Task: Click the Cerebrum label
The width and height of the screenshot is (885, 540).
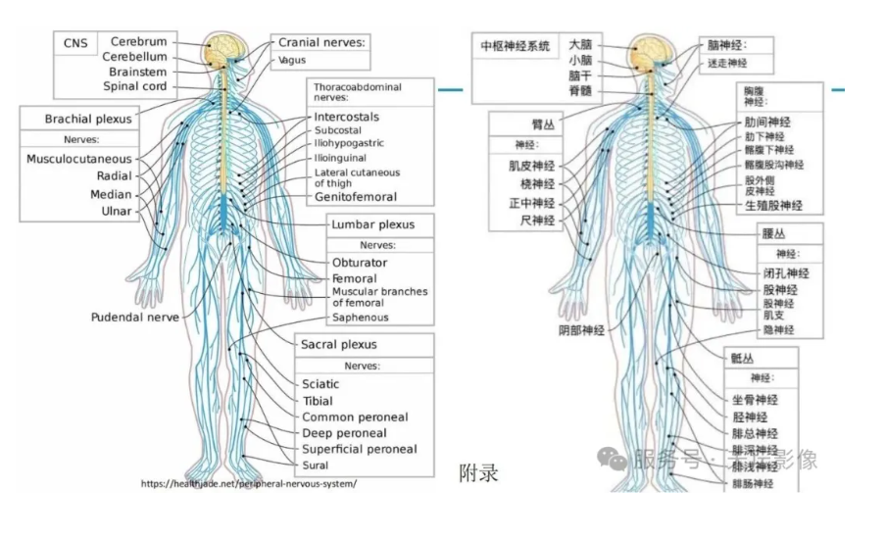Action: coord(138,42)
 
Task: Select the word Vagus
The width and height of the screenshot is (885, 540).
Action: coord(292,60)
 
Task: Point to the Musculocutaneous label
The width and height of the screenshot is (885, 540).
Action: coord(78,159)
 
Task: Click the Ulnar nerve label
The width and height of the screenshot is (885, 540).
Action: coord(117,211)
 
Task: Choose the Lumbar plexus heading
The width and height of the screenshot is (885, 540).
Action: coord(372,224)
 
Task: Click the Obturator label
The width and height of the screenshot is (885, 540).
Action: coord(359,263)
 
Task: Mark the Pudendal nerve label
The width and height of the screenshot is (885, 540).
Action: coord(135,318)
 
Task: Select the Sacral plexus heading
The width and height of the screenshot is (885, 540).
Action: coord(338,345)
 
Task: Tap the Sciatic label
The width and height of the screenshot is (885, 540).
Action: coord(320,384)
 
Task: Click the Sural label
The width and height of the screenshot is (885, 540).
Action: coord(316,466)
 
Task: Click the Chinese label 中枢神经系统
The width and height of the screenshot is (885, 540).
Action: coord(515,46)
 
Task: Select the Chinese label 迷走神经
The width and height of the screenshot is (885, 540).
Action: coord(727,63)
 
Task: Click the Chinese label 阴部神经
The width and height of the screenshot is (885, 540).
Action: coord(582,331)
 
